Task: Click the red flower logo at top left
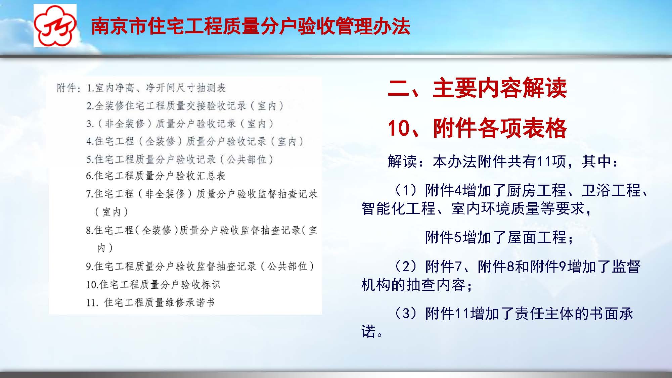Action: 55,26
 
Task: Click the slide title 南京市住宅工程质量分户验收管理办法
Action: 251,27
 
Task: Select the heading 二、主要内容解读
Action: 477,88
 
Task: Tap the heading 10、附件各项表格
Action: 477,128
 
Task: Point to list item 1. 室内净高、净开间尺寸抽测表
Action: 156,88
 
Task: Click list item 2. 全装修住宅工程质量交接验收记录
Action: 185,106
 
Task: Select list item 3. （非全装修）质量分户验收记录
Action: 180,124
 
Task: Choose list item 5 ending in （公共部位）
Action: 180,159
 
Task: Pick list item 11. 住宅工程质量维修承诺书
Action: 150,302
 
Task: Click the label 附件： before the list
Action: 69,88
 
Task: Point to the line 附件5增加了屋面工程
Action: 499,237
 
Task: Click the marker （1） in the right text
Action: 406,190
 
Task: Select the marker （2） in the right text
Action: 406,267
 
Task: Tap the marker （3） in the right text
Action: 406,314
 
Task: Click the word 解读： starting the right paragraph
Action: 406,161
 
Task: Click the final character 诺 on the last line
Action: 368,332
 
